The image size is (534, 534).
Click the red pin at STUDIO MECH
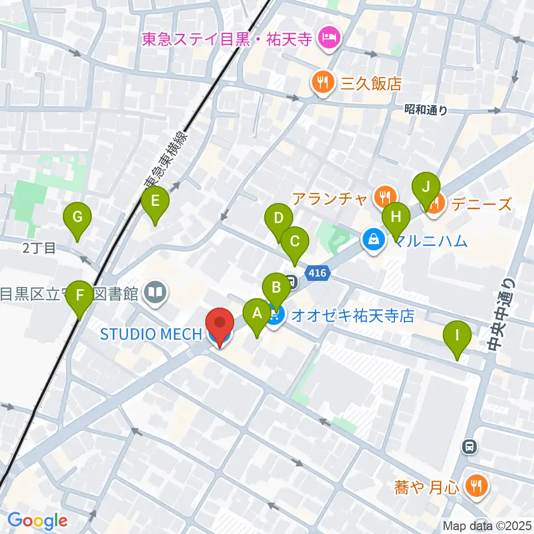click(x=220, y=325)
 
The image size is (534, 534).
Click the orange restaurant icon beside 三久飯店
click(x=322, y=83)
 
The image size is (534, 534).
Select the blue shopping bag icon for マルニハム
click(x=371, y=240)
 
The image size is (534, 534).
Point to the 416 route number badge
click(x=318, y=273)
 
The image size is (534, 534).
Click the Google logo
click(x=38, y=521)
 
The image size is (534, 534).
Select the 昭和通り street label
click(x=426, y=110)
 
